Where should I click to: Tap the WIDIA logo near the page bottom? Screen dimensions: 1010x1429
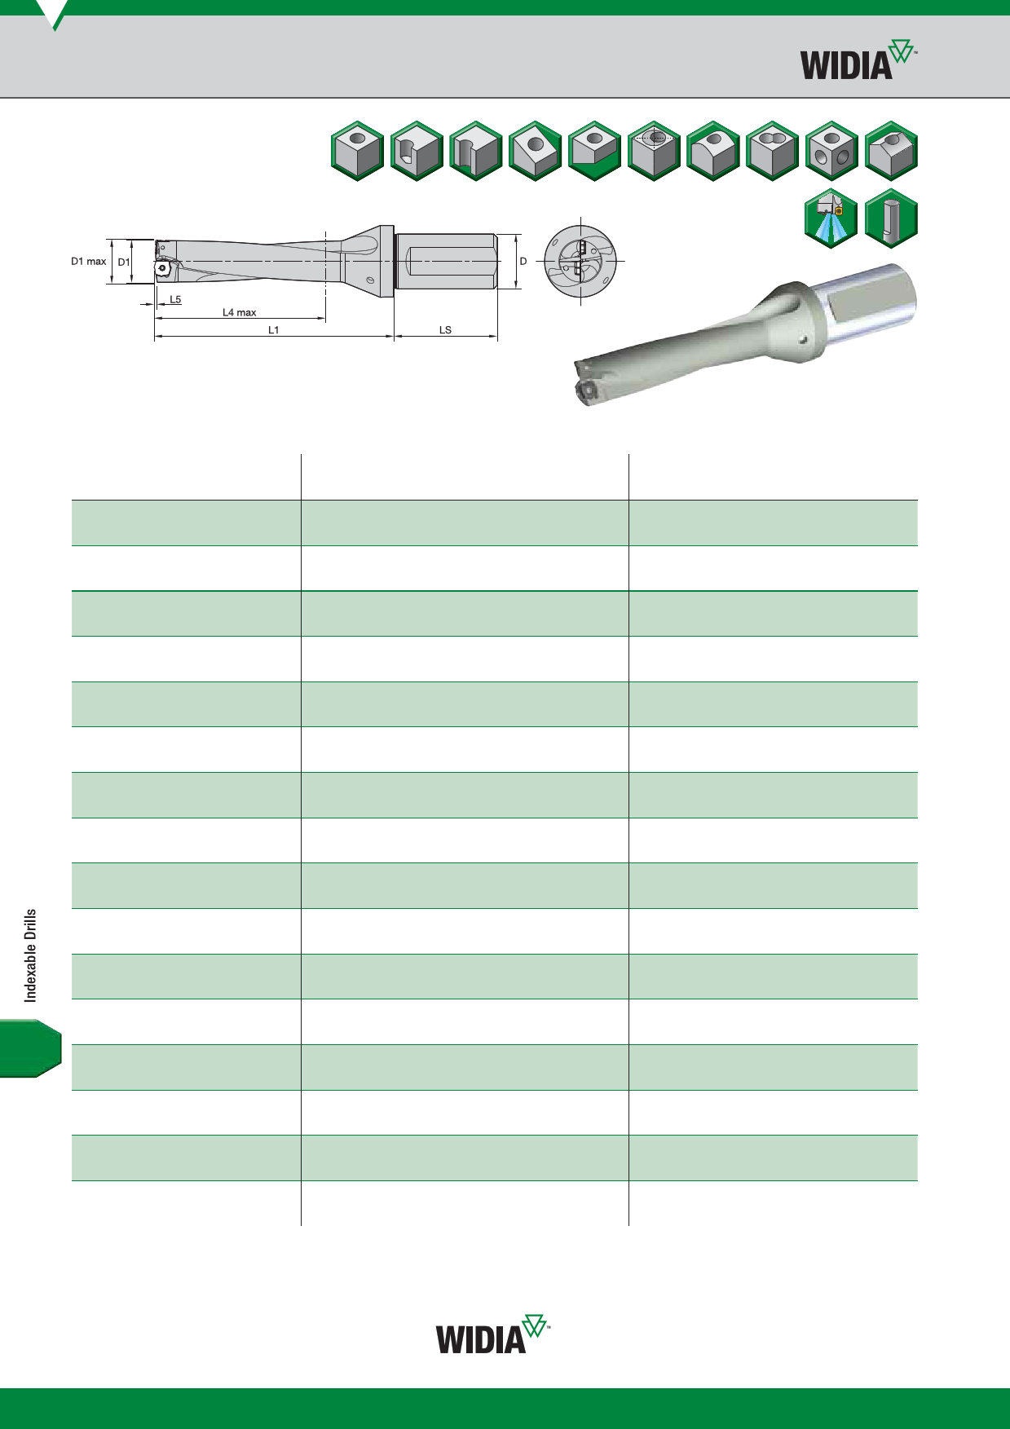click(493, 1334)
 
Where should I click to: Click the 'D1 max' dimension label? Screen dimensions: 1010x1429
click(89, 262)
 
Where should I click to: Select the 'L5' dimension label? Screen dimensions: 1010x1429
click(175, 300)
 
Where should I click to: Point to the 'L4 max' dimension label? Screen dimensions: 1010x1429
click(240, 312)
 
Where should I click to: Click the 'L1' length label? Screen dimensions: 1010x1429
click(274, 330)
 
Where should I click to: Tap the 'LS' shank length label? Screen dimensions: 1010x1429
click(445, 330)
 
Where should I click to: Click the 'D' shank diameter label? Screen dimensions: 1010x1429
click(523, 262)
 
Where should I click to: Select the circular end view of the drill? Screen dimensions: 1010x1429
click(580, 261)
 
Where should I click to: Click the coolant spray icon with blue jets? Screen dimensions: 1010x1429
click(831, 218)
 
